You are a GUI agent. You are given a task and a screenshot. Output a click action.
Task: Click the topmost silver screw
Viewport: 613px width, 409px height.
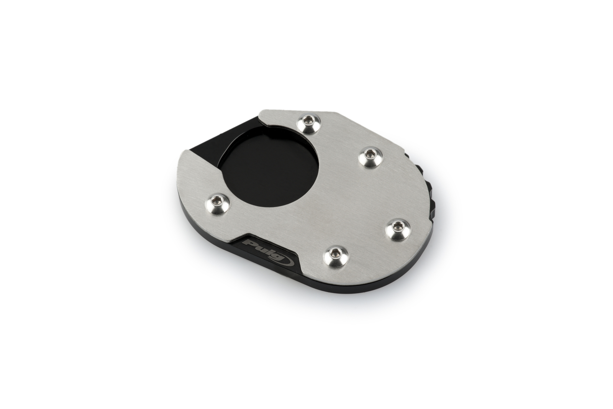pyautogui.click(x=310, y=123)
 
